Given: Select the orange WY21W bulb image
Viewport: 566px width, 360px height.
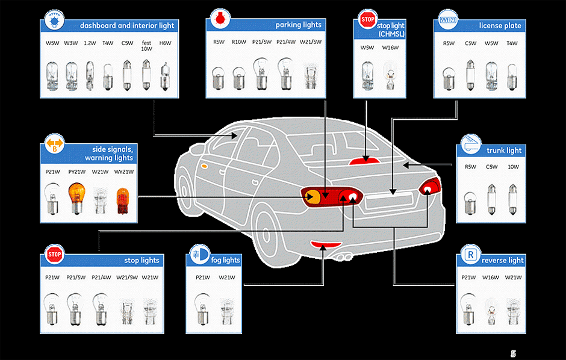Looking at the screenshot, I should point(122,199).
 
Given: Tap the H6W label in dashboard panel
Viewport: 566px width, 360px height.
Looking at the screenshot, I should point(165,43).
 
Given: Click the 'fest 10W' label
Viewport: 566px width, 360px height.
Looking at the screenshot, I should point(146,46).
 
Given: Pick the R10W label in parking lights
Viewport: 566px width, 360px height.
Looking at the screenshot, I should point(238,42).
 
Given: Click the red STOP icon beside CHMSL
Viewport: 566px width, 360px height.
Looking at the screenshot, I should point(367,20).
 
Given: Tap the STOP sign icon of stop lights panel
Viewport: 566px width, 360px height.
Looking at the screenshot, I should point(54,255).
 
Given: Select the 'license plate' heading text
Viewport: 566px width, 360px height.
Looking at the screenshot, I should point(500,26).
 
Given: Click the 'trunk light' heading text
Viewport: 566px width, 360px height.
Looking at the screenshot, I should point(505,151).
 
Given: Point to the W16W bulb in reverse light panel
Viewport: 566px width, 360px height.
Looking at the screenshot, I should point(491,307).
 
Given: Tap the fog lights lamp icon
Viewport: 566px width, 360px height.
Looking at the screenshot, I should point(197,255).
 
